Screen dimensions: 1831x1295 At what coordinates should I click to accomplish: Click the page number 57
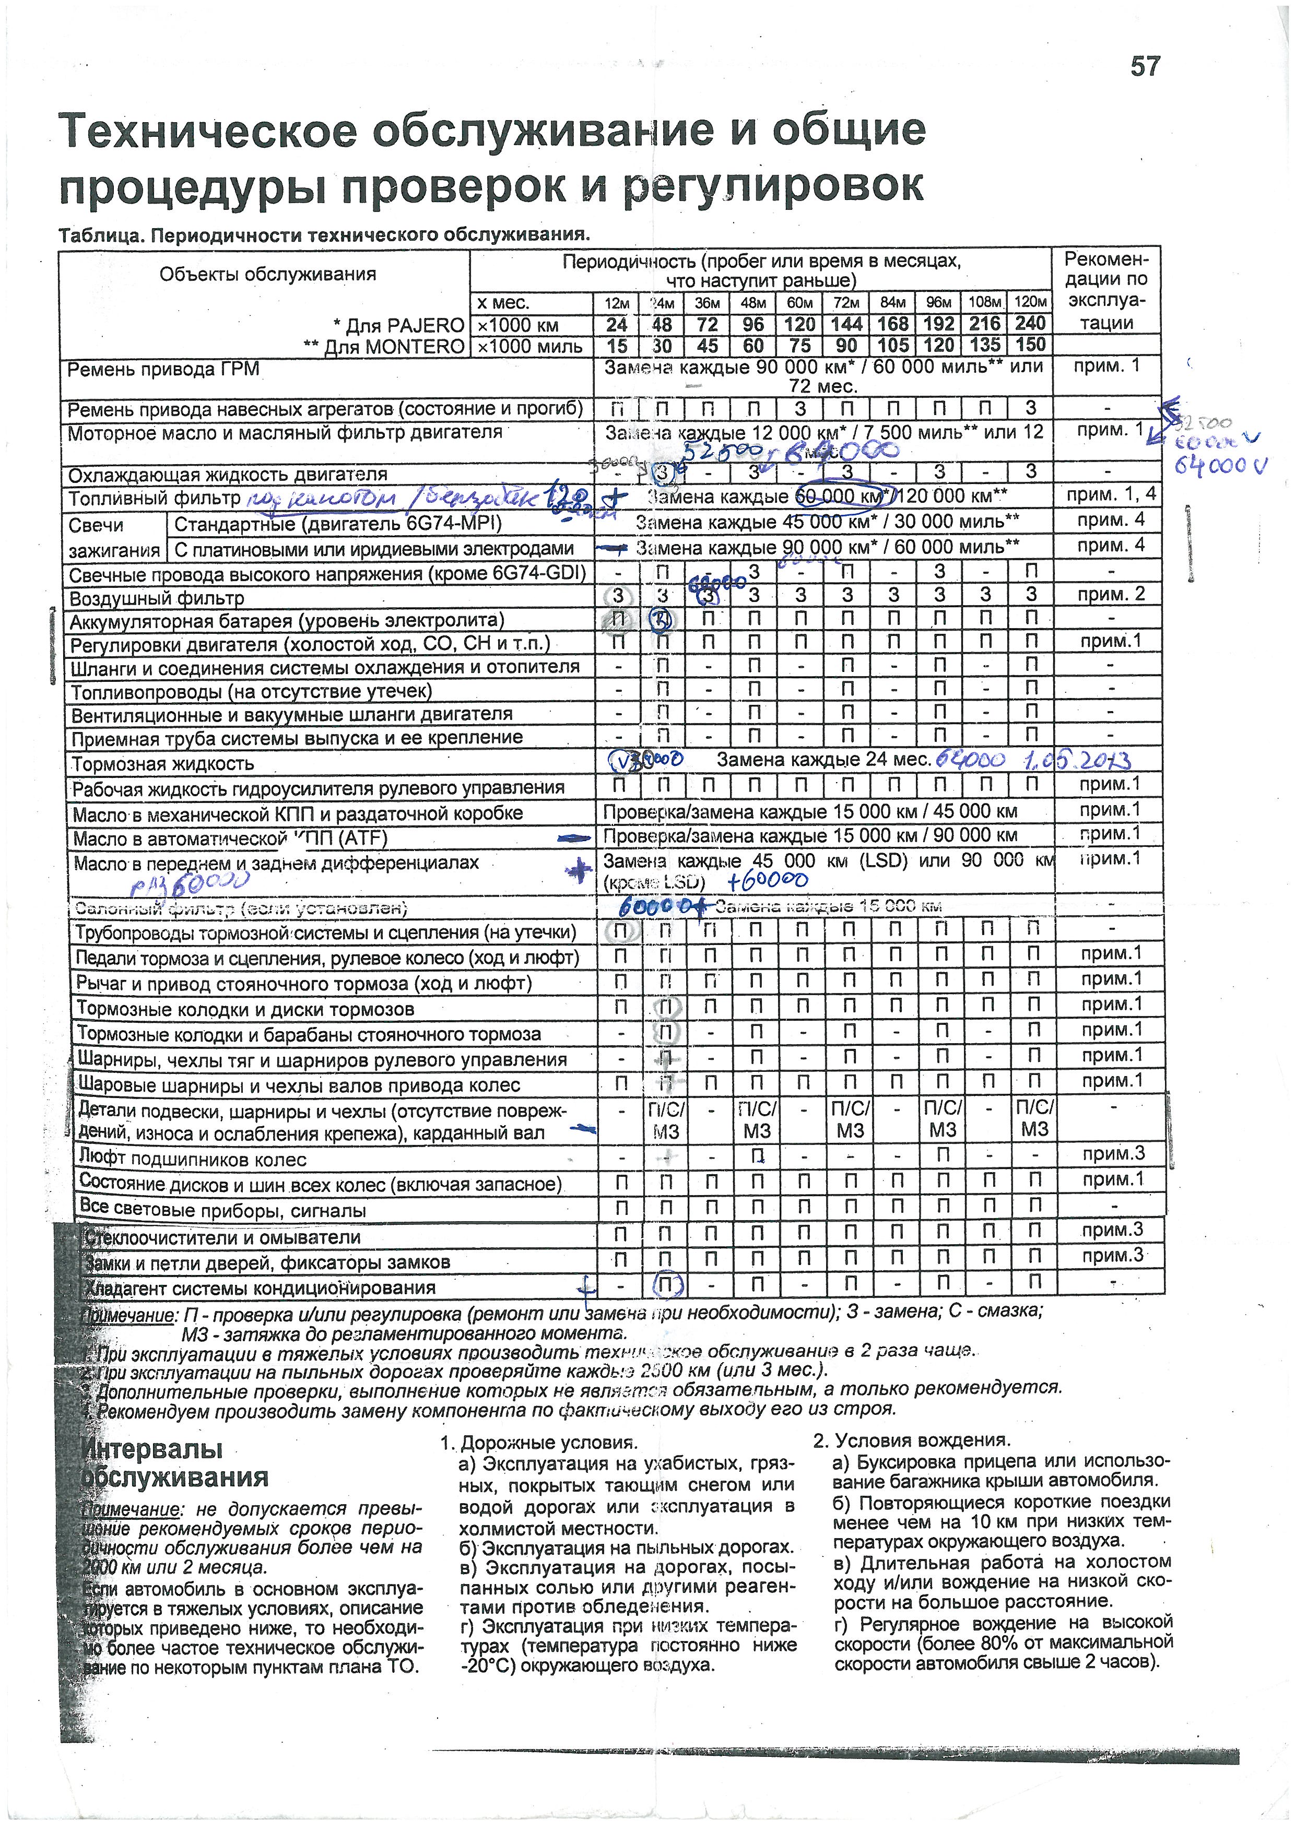coord(1145,66)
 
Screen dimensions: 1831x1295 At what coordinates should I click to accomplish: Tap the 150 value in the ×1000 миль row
coord(1030,345)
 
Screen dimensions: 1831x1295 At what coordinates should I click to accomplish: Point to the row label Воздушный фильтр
coord(156,598)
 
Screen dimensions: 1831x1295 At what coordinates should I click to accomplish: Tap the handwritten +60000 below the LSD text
coord(768,880)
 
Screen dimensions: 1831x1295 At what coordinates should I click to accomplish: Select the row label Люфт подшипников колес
coord(192,1159)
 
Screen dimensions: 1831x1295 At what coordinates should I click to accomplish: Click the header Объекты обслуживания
coord(267,274)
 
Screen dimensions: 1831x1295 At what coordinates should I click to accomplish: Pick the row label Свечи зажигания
coord(112,537)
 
